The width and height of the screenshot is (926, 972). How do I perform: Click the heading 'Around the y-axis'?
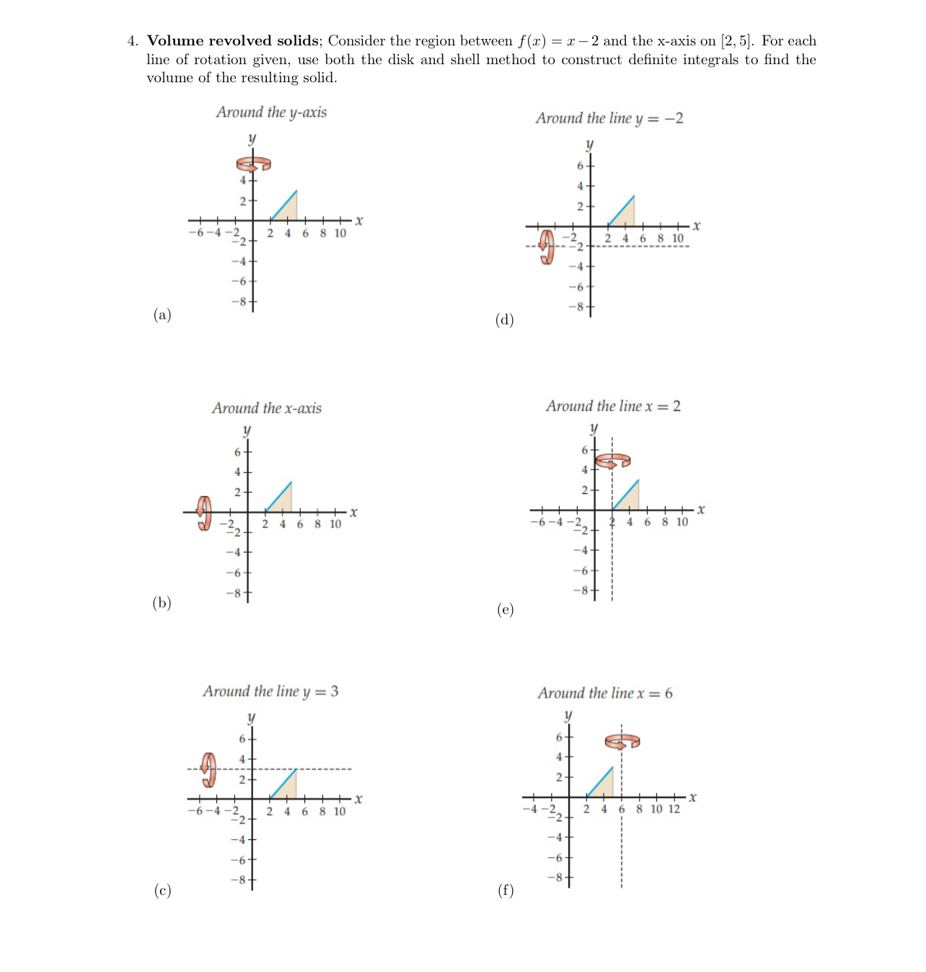pyautogui.click(x=271, y=112)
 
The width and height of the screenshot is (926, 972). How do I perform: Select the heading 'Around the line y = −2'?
pyautogui.click(x=609, y=118)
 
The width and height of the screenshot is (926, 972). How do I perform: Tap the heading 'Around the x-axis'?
pyautogui.click(x=266, y=408)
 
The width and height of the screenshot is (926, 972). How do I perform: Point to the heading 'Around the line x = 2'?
pyautogui.click(x=613, y=406)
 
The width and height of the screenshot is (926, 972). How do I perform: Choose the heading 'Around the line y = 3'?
pyautogui.click(x=270, y=692)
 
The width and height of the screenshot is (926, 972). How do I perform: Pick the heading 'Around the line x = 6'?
pyautogui.click(x=604, y=693)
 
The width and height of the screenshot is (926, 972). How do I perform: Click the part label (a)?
pyautogui.click(x=162, y=314)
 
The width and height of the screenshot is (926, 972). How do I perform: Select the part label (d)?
pyautogui.click(x=504, y=319)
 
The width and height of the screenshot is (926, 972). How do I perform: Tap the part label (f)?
pyautogui.click(x=506, y=890)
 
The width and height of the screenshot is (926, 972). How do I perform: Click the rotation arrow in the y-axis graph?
pyautogui.click(x=254, y=164)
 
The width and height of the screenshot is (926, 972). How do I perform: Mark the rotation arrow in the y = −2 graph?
pyautogui.click(x=547, y=247)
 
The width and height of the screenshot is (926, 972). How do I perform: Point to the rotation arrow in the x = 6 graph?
pyautogui.click(x=622, y=741)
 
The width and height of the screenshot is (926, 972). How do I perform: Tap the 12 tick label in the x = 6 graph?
pyautogui.click(x=674, y=809)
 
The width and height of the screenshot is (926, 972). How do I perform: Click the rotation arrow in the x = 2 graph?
pyautogui.click(x=612, y=460)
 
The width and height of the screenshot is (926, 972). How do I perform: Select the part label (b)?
pyautogui.click(x=162, y=603)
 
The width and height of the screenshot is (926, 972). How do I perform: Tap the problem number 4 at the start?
pyautogui.click(x=132, y=41)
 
